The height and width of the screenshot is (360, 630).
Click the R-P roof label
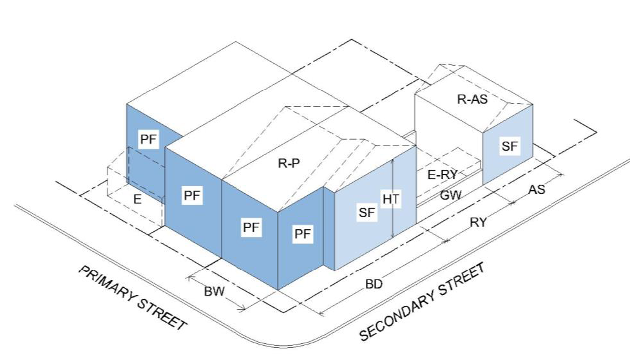pyautogui.click(x=290, y=164)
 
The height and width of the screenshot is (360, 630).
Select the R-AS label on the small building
pyautogui.click(x=472, y=99)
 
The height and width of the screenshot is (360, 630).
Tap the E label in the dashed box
pyautogui.click(x=137, y=200)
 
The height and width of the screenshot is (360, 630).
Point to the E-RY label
pyautogui.click(x=443, y=174)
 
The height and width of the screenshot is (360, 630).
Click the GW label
pyautogui.click(x=451, y=194)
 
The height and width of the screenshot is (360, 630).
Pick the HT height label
pyautogui.click(x=391, y=200)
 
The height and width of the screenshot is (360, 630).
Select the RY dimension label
pyautogui.click(x=477, y=223)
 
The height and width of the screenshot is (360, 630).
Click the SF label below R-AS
pyautogui.click(x=510, y=146)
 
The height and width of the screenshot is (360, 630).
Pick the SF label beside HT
pyautogui.click(x=367, y=213)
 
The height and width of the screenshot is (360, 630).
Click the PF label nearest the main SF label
pyautogui.click(x=303, y=234)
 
